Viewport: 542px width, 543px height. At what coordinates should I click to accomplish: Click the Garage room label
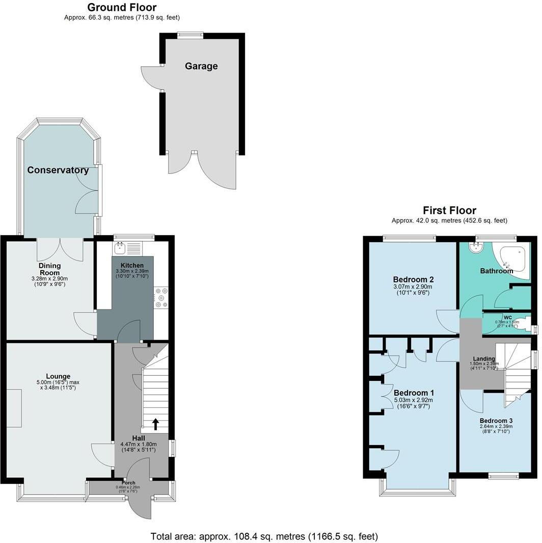tap(201, 66)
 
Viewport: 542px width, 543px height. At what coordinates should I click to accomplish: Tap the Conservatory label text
tap(58, 170)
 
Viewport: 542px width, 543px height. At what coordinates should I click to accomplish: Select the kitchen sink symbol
tap(121, 248)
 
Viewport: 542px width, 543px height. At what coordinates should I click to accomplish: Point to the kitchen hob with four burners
tap(161, 298)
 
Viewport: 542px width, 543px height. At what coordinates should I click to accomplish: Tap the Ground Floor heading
tap(122, 8)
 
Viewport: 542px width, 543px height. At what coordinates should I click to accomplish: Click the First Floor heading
tap(449, 211)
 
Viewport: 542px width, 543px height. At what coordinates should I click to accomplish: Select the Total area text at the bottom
tap(264, 536)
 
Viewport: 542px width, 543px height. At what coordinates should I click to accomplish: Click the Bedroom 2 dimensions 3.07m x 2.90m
tap(414, 287)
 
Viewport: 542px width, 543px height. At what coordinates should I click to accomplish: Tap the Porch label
tap(128, 482)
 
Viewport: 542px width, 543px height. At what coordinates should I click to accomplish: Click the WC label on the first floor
tap(507, 317)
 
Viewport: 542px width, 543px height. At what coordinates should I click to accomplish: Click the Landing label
tap(483, 359)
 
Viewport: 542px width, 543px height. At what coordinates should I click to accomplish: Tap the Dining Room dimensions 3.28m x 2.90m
tap(49, 279)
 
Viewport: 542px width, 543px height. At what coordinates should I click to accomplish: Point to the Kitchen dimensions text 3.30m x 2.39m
tap(132, 272)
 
